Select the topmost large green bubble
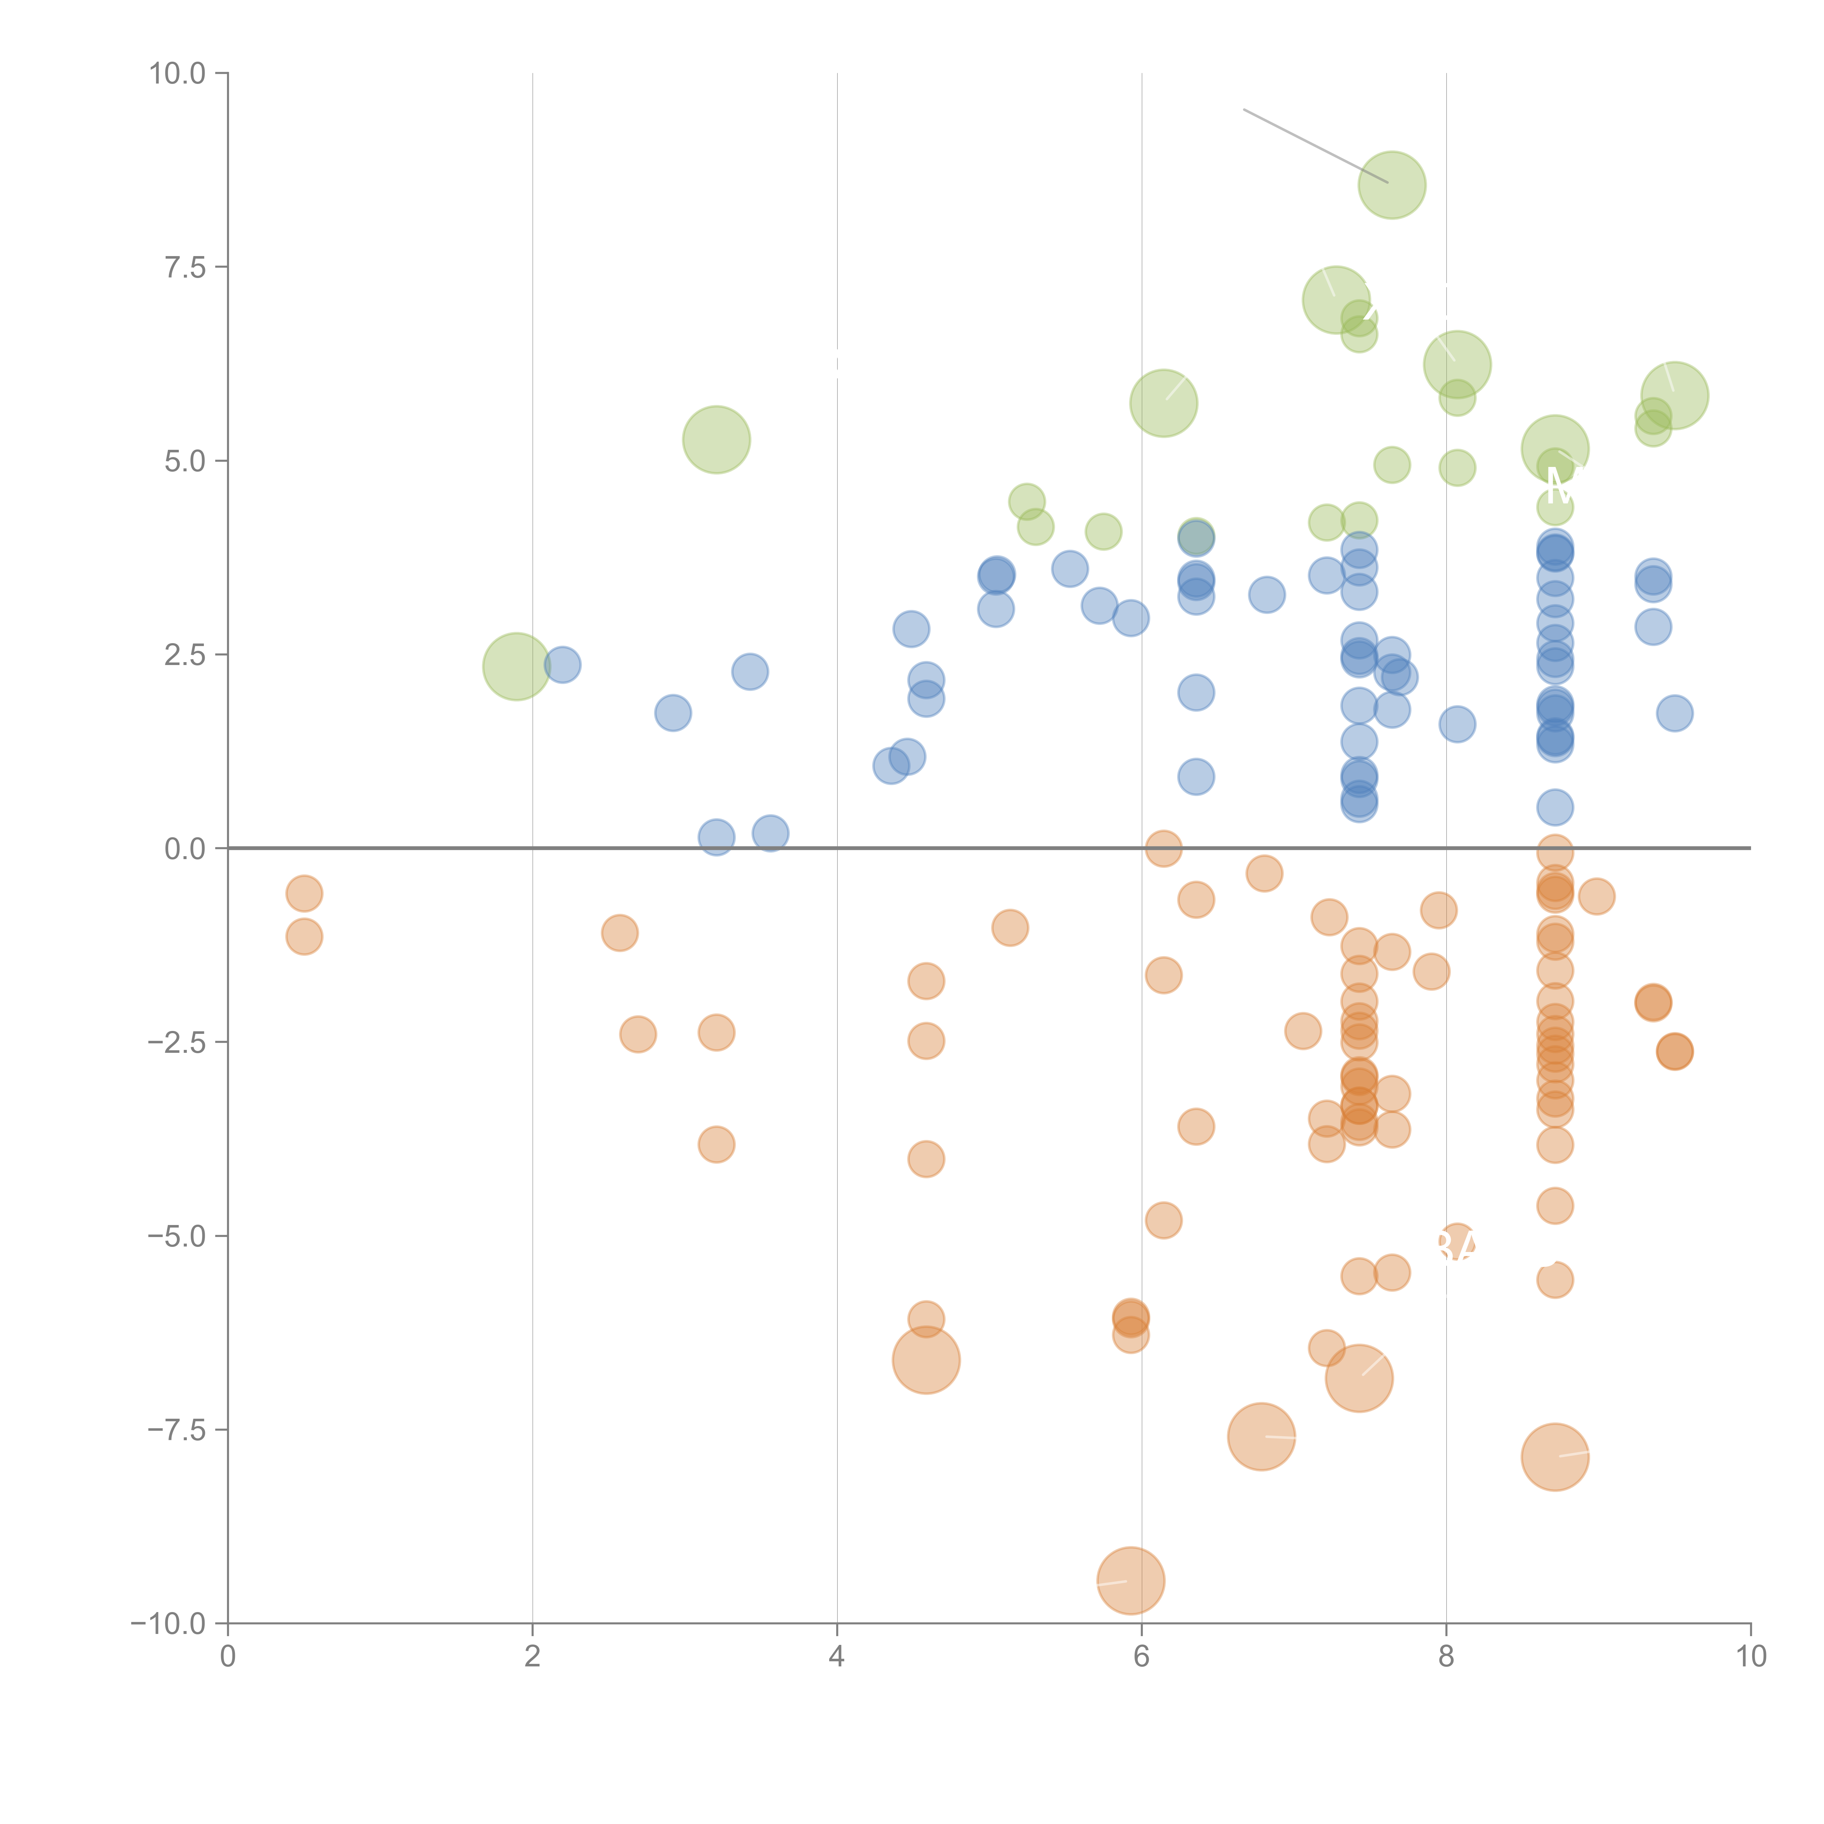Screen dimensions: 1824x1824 1392,185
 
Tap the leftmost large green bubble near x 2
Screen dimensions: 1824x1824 517,666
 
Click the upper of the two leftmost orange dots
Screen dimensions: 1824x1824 304,893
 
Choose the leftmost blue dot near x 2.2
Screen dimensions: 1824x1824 563,665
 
